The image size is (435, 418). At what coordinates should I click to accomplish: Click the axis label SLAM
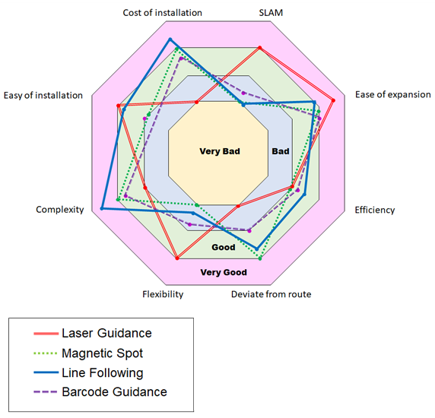point(271,13)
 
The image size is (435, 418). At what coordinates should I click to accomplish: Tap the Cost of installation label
point(162,13)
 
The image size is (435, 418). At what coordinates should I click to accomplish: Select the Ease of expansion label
point(393,94)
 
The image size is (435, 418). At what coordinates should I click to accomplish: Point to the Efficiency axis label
point(375,210)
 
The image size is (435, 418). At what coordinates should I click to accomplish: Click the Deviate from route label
point(271,294)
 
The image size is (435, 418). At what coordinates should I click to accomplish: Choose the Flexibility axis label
point(163,294)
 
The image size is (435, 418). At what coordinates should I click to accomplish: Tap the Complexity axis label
point(60,210)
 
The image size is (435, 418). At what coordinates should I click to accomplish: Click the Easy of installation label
point(43,95)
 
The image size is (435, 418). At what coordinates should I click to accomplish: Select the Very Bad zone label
point(220,151)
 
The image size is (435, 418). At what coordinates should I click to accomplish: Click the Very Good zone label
point(224,272)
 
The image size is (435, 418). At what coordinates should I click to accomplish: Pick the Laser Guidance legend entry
point(93,333)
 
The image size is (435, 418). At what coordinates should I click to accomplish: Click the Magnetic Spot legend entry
point(88,353)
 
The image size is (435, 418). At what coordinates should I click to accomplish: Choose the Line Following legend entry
point(88,372)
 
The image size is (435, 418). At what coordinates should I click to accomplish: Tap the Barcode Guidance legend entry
point(100,391)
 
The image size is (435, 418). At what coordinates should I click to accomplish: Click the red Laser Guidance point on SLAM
point(260,48)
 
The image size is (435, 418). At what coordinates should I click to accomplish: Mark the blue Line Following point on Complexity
point(102,208)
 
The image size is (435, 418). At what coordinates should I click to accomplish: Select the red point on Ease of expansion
point(333,100)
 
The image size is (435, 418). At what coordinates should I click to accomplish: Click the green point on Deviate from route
point(260,258)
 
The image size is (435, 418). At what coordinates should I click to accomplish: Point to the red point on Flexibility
point(177,258)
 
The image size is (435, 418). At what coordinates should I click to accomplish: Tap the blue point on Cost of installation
point(170,40)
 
